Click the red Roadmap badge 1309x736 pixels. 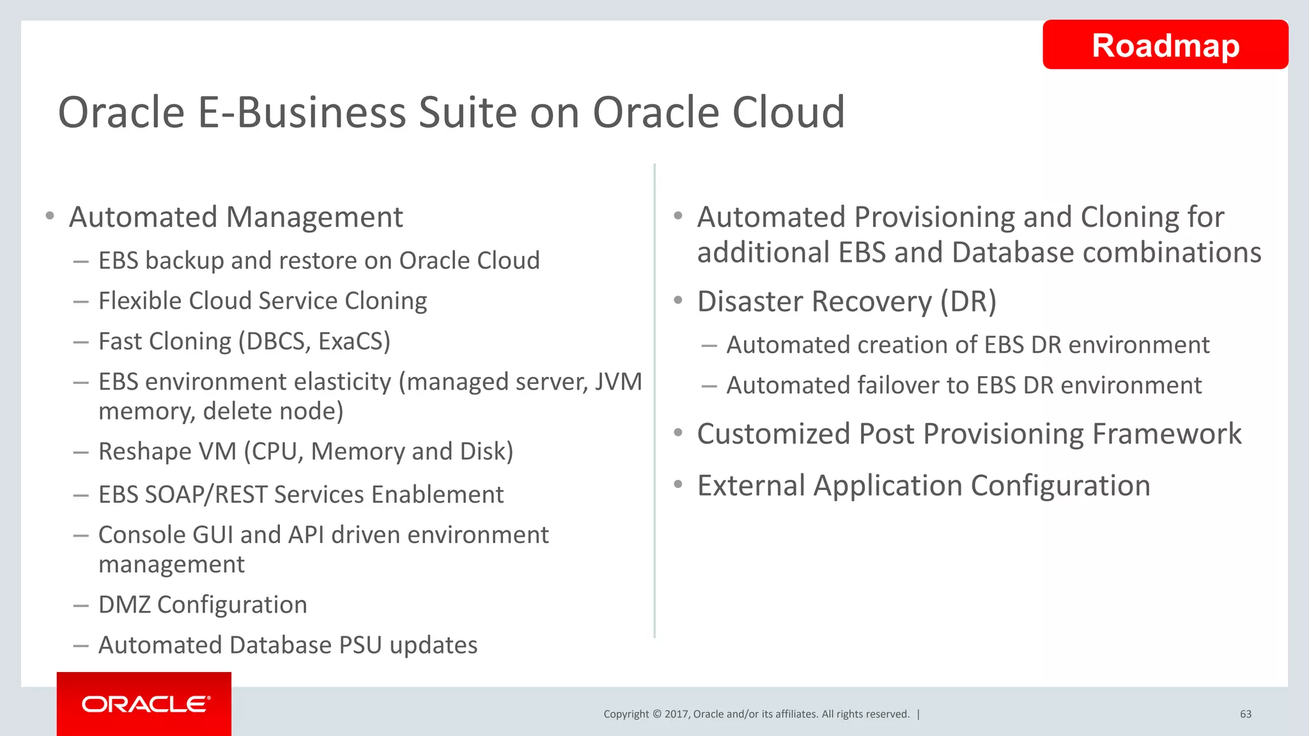click(x=1165, y=45)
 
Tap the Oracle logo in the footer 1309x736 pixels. click(x=145, y=704)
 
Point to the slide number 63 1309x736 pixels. click(x=1246, y=714)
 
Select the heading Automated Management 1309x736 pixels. click(x=236, y=217)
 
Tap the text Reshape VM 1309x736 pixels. click(x=167, y=452)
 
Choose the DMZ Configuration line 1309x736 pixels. click(x=203, y=605)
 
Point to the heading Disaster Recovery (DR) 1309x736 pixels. click(x=846, y=302)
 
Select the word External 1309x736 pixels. click(x=751, y=486)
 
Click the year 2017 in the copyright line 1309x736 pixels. click(x=676, y=714)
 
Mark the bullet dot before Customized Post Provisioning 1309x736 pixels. click(x=678, y=433)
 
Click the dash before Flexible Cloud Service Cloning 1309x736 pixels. click(x=81, y=302)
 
